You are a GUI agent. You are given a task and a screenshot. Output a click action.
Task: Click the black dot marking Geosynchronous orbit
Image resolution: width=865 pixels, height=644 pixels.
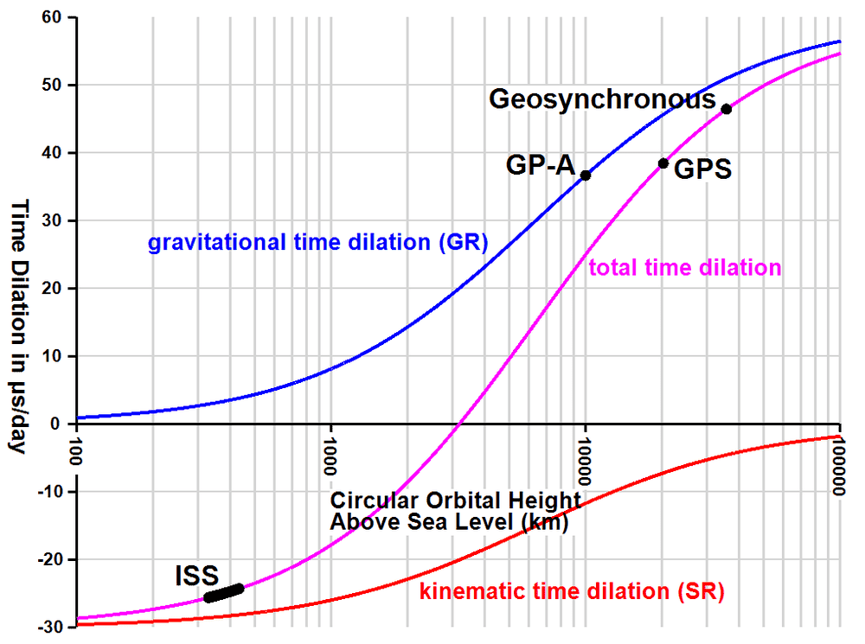point(727,109)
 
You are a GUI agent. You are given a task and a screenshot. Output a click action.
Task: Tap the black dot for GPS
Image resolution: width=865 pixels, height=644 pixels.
point(663,163)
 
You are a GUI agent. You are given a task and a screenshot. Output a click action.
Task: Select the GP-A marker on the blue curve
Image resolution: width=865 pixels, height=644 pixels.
point(586,175)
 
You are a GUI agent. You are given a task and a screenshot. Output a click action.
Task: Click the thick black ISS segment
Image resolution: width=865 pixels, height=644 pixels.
point(224,593)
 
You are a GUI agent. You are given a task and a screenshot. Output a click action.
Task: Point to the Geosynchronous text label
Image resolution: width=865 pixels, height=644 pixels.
point(602,99)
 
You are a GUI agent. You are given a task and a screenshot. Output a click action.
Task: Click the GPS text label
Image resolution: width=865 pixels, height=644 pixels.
point(702,169)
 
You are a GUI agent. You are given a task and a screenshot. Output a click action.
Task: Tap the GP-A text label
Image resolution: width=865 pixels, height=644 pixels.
point(541,164)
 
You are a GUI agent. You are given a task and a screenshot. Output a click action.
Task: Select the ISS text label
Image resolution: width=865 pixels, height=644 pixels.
point(196,575)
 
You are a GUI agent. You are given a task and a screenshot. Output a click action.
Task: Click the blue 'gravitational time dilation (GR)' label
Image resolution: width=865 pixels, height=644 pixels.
point(318,242)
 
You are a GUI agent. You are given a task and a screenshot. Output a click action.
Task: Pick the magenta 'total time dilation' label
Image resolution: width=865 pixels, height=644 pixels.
point(685,268)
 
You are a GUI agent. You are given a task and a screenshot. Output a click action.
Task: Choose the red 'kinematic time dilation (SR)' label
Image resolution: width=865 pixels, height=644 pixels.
point(571,593)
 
